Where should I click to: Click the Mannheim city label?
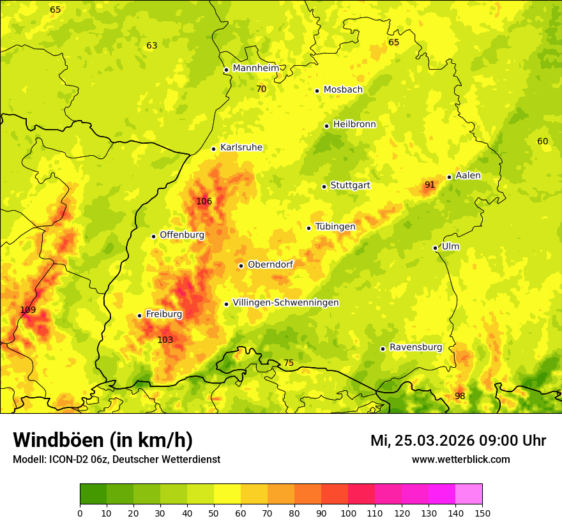coord(255,68)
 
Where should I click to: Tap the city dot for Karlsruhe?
coord(214,149)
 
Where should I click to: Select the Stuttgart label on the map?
coord(350,185)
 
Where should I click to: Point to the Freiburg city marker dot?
coord(139,315)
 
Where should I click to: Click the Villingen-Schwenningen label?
coord(285,303)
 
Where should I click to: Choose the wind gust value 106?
coord(204,201)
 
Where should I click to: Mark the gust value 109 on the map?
coord(28,310)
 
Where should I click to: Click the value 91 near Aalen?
coord(430,185)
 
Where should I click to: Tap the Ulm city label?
coord(450,246)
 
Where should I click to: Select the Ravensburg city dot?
coord(383,349)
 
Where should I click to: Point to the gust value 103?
coord(165,340)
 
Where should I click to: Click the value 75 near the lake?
coord(289,363)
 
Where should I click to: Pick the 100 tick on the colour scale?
coord(348,513)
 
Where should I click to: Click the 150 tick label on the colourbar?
coord(482,513)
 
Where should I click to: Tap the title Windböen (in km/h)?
coord(103,440)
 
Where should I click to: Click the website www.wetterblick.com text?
coord(460,459)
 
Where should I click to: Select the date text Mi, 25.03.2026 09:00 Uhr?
coord(458,441)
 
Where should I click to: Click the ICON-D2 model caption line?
coord(116,459)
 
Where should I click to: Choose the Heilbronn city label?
coord(354,125)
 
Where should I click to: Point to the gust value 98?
coord(460,396)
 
